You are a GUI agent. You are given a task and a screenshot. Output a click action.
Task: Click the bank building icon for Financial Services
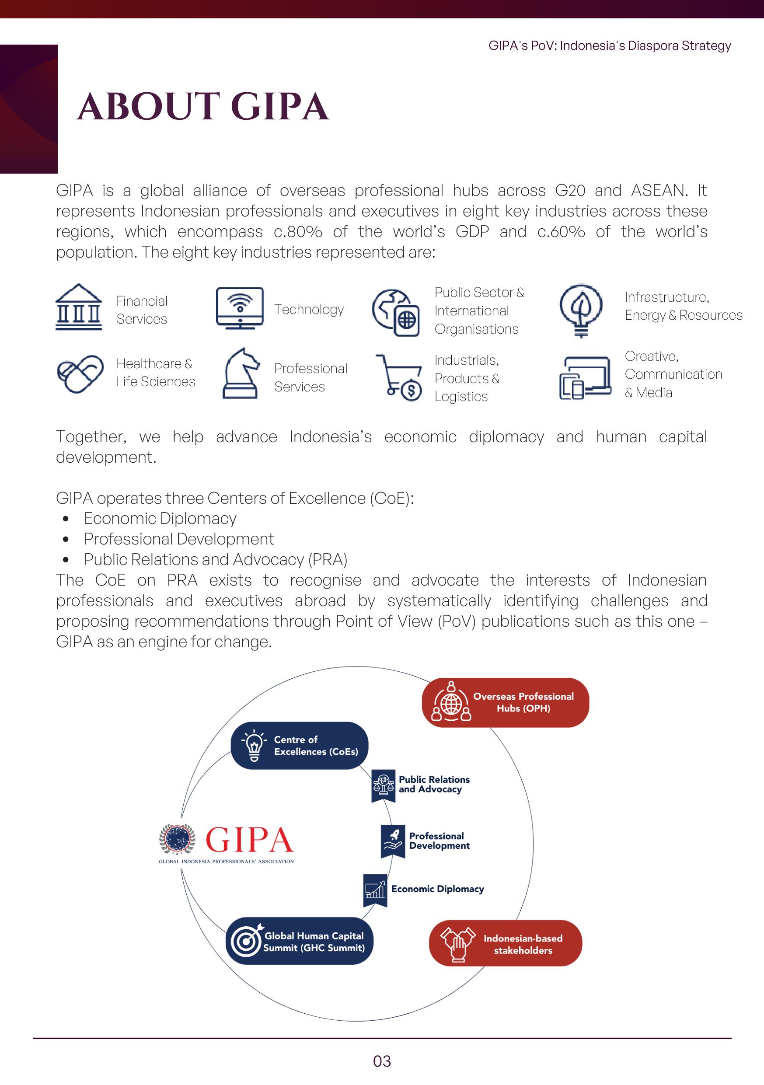click(x=78, y=307)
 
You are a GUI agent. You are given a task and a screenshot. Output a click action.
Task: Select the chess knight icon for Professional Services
click(x=241, y=373)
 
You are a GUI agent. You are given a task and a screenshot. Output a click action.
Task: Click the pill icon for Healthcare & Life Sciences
click(x=80, y=373)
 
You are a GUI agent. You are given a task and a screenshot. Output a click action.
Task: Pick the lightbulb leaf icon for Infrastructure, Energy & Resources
click(x=581, y=310)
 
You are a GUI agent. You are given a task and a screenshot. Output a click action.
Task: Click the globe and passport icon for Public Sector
click(x=396, y=312)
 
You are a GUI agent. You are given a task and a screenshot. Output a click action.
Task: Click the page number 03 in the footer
click(x=382, y=1061)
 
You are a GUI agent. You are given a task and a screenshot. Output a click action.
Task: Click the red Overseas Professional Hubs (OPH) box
click(x=505, y=702)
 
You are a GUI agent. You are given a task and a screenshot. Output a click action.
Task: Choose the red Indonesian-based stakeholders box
click(x=505, y=943)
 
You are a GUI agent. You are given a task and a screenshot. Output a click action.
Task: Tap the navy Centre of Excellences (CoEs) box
click(x=299, y=745)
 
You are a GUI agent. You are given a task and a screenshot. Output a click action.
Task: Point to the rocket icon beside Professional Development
click(x=393, y=841)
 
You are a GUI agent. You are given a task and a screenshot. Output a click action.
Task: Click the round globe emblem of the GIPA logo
click(x=177, y=839)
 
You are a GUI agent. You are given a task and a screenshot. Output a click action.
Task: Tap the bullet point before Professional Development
click(x=66, y=539)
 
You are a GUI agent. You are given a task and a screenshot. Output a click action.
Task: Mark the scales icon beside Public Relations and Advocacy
click(x=383, y=785)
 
